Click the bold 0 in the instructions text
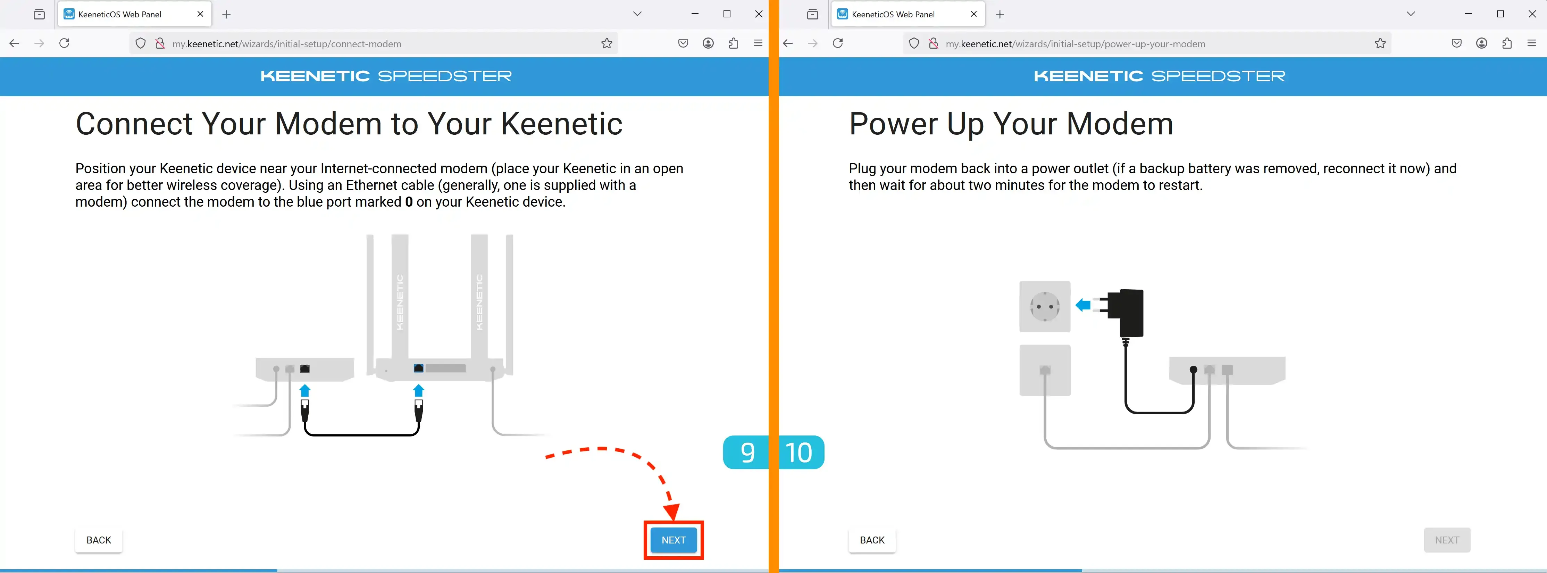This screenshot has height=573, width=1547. coord(409,202)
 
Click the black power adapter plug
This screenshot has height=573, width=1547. coord(1123,312)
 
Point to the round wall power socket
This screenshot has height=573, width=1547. coord(1045,306)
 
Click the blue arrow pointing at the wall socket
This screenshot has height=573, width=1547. coord(1083,305)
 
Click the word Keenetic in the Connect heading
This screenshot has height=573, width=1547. coord(561,124)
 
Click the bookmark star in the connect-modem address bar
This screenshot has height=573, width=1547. coord(607,43)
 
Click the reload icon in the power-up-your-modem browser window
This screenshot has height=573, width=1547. coord(838,43)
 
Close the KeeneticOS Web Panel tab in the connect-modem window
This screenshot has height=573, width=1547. coord(200,14)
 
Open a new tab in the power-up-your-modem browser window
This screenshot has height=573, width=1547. coord(1000,14)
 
